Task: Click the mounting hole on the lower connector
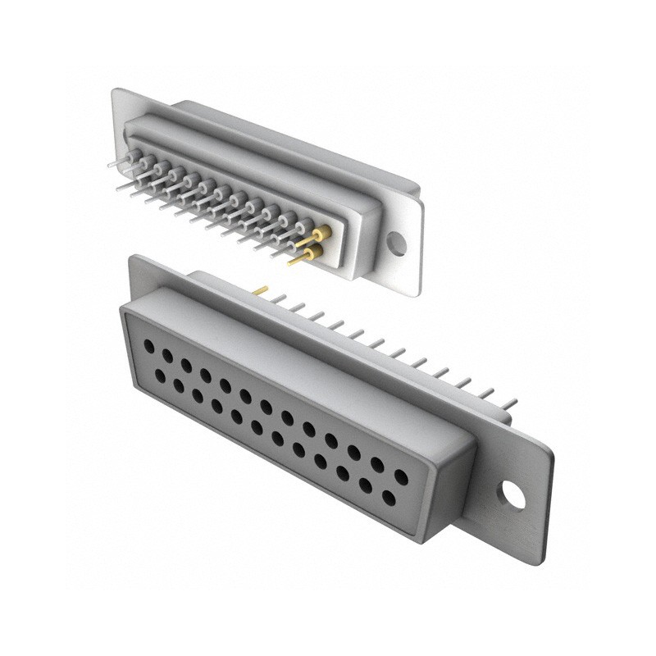[514, 494]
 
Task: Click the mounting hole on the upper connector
[397, 243]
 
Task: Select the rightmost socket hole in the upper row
[401, 476]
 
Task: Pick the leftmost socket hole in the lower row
[159, 375]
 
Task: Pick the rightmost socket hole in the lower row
[389, 498]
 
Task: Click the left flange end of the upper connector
[118, 107]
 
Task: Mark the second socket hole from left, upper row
[167, 356]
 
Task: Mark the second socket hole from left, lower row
[178, 385]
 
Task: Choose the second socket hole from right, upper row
[377, 463]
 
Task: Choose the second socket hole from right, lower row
[366, 485]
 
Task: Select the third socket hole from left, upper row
[186, 365]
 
